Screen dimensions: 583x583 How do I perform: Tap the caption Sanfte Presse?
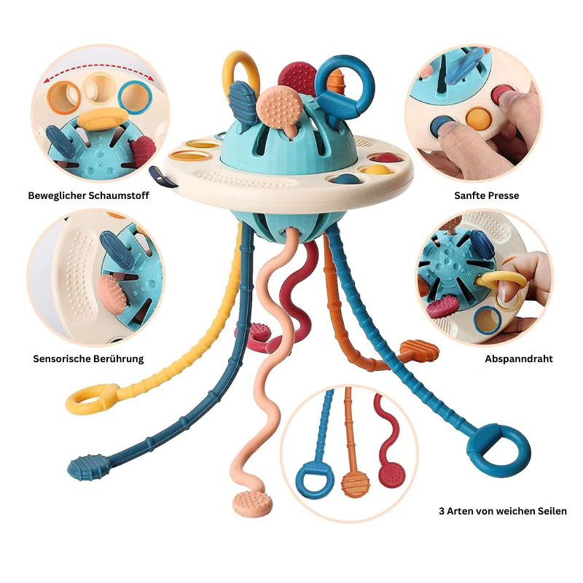486,195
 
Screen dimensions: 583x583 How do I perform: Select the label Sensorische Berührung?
88,359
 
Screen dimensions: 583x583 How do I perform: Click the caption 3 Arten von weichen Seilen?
503,511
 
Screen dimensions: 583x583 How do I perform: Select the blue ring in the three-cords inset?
313,480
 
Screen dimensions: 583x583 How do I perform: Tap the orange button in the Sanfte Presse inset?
478,119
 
